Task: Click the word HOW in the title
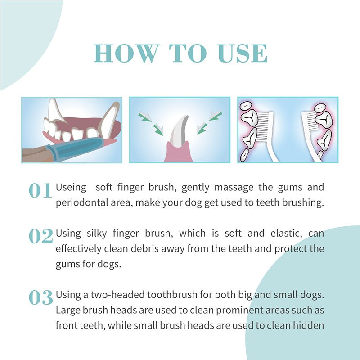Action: (x=127, y=53)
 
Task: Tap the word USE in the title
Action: (x=243, y=53)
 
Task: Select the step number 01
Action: (x=40, y=190)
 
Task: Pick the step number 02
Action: (x=41, y=236)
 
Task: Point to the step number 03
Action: (x=41, y=297)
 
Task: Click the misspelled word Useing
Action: (x=71, y=188)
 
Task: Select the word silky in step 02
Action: (x=97, y=234)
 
